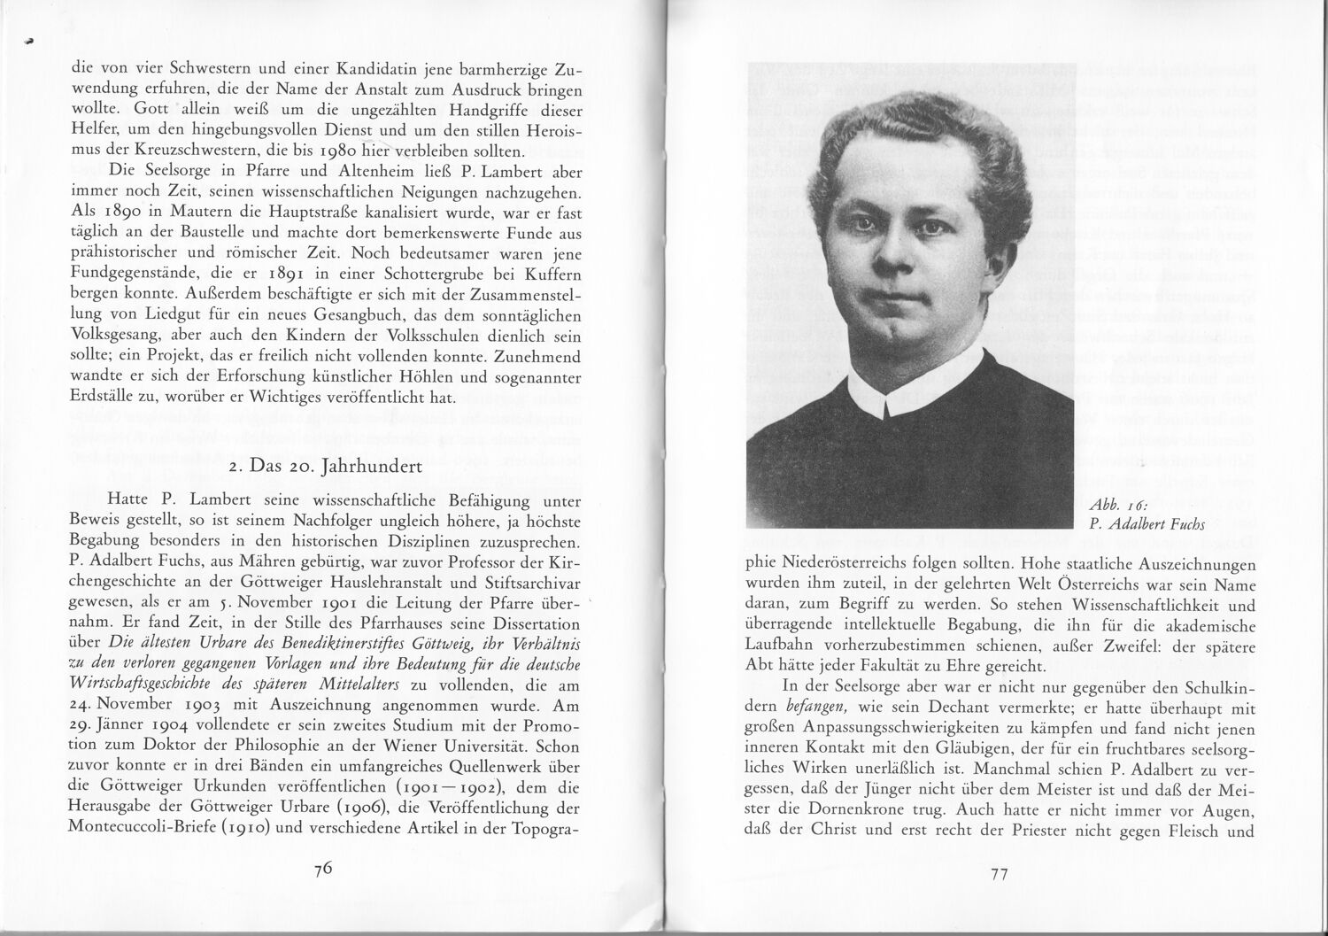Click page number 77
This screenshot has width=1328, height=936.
999,874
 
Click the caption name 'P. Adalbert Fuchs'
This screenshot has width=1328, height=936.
1143,523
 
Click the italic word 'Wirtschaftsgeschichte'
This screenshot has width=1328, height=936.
132,685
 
